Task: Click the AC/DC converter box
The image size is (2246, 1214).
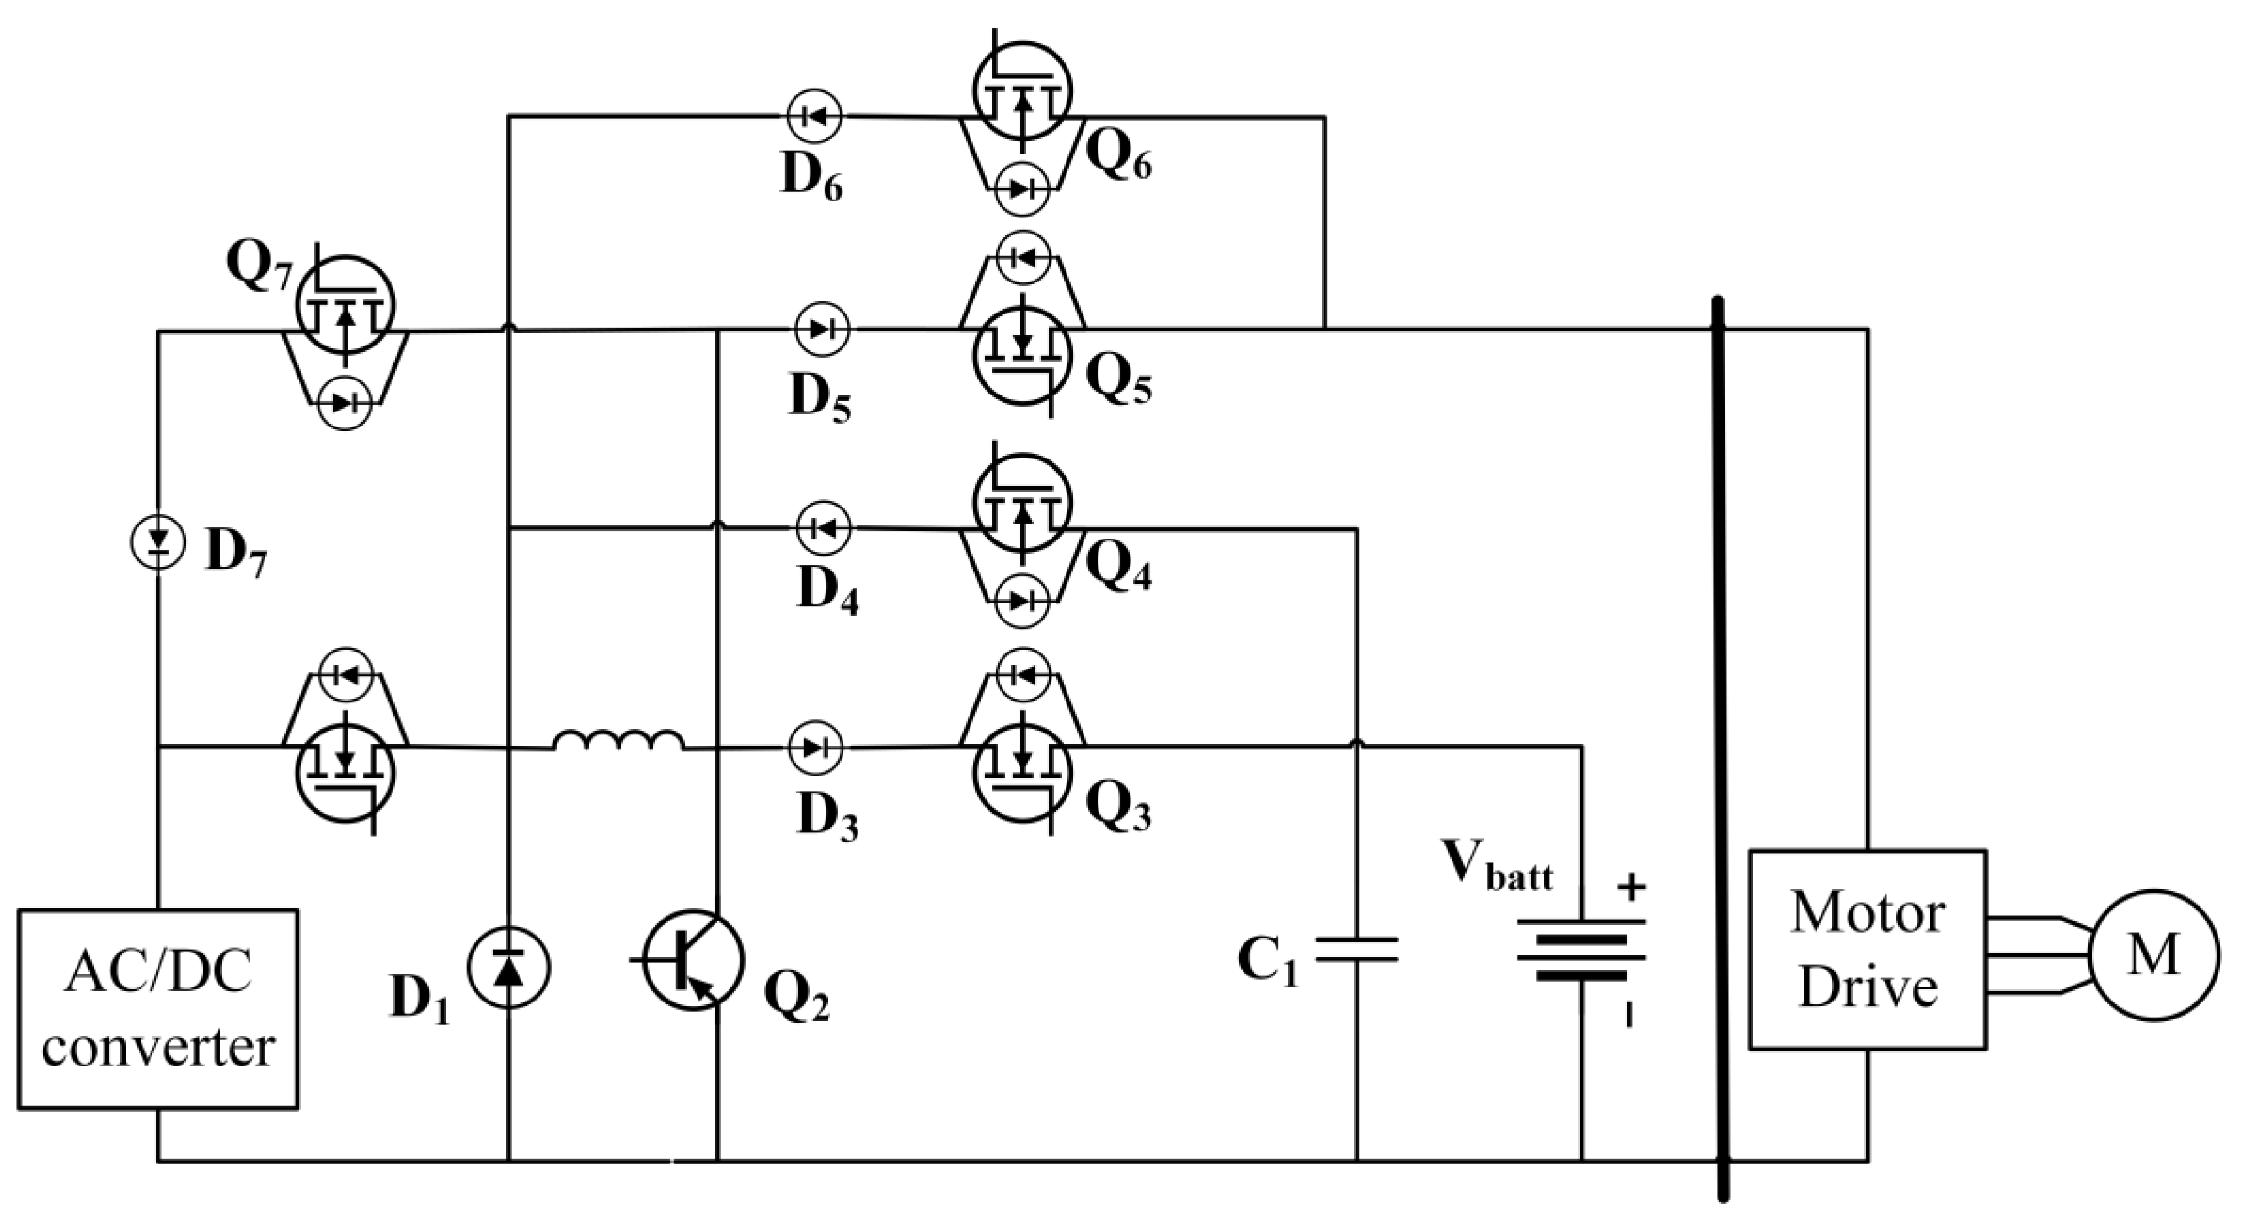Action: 158,1008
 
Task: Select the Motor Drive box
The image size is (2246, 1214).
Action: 1868,949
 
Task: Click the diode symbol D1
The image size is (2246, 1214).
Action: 509,967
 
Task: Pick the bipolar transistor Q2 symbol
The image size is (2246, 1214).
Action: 694,959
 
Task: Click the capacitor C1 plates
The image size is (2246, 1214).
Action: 1357,950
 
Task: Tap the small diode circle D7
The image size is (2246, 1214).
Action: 158,542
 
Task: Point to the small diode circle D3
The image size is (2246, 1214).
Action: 815,748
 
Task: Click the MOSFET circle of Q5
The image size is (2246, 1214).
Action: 1023,354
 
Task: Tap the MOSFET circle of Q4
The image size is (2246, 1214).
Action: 1023,503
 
